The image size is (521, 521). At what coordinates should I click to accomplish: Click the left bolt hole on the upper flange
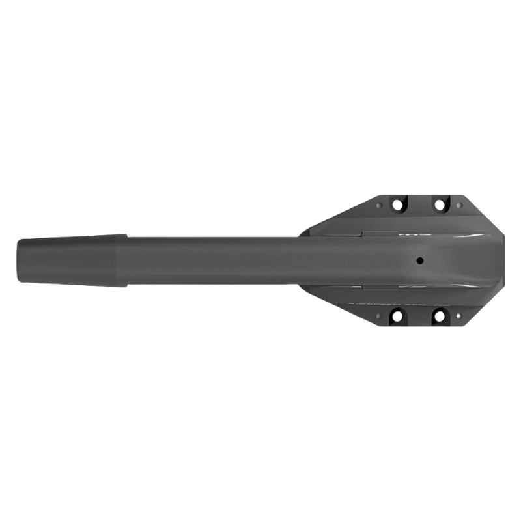pos(395,204)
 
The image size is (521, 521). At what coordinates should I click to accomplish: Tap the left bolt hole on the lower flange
pos(395,317)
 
